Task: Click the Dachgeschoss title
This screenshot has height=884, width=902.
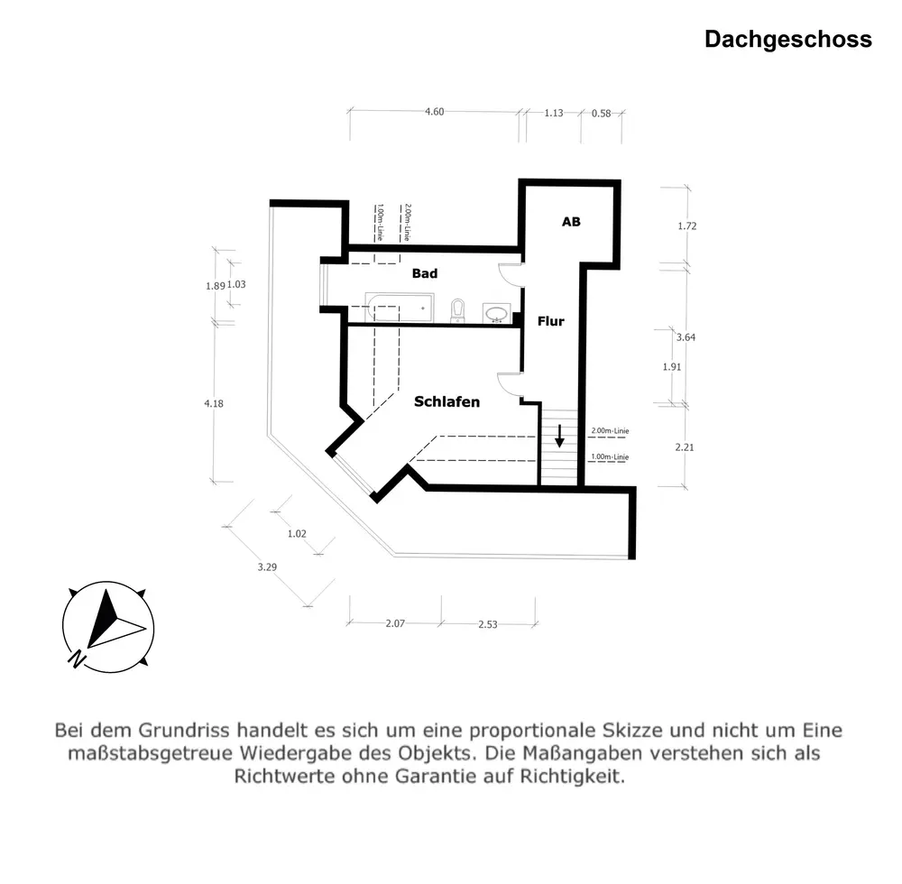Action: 787,40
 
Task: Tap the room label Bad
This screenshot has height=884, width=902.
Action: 425,273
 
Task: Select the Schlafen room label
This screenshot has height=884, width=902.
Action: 446,402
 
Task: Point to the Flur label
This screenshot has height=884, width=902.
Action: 550,321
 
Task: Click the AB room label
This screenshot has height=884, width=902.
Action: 571,222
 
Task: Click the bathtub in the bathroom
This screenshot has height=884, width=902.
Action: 398,308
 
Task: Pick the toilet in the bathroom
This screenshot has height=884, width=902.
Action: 457,310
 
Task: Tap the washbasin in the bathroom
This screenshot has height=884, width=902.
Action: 496,313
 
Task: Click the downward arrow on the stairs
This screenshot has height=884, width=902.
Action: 560,437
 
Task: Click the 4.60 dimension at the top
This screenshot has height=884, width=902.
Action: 435,113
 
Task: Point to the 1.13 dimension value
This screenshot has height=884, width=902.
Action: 554,114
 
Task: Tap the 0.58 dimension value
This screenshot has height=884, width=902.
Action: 601,114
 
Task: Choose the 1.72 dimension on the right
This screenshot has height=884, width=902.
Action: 686,226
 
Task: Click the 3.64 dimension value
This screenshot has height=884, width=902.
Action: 686,337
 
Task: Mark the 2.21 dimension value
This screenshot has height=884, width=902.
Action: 686,447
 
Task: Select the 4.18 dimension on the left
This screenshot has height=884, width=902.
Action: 214,403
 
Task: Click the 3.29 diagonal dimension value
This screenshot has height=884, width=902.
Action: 267,567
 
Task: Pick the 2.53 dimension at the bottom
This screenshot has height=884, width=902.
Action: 488,625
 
